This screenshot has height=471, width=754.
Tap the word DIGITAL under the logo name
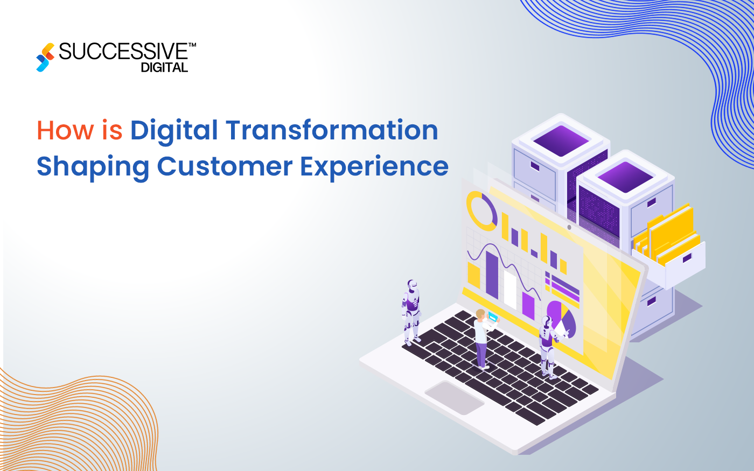[164, 68]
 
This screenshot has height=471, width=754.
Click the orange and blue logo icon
[45, 57]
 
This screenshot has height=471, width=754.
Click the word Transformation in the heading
[332, 131]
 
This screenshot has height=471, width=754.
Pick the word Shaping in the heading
[93, 167]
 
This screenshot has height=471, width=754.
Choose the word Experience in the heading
[374, 167]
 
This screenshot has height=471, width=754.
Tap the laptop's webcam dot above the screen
[569, 227]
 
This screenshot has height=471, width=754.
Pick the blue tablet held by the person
[493, 317]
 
